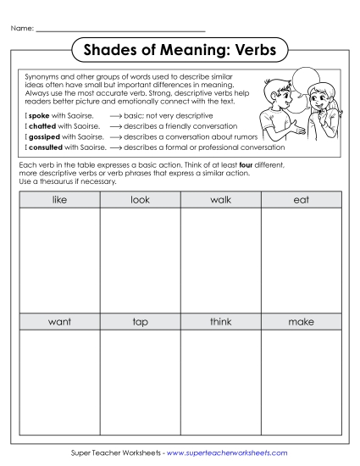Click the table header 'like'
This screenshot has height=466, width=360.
coord(59,200)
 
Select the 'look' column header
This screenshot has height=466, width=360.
coord(140,200)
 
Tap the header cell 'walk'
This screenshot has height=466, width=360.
coord(220,200)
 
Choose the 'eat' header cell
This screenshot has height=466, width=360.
coord(301,200)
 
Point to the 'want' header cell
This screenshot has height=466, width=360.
coord(59,322)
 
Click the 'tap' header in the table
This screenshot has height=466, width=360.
coord(140,322)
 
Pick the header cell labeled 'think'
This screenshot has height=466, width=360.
coord(220,322)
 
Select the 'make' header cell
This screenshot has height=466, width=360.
coord(301,322)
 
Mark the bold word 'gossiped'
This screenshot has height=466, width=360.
coord(44,135)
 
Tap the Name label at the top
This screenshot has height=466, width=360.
coord(22,29)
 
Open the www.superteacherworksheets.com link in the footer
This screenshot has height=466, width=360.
coord(228,453)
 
